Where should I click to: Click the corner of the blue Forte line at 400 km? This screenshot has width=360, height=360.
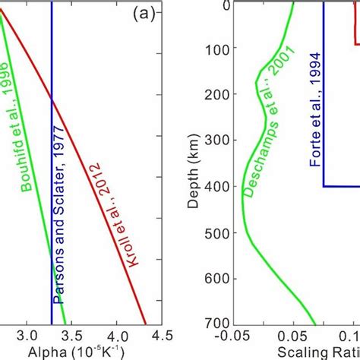coord(324,186)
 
